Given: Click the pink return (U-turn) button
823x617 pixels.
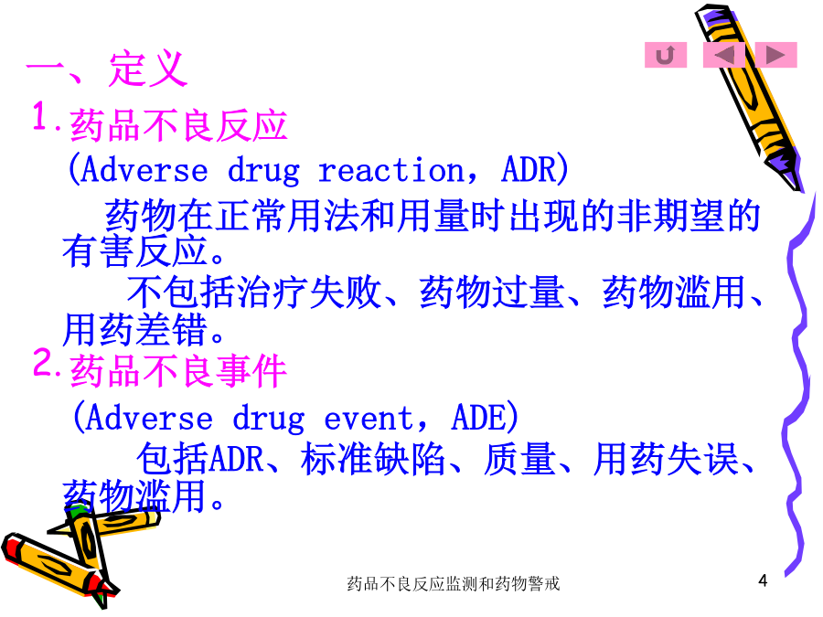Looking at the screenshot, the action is click(x=666, y=55).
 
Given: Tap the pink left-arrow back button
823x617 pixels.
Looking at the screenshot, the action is click(x=724, y=55).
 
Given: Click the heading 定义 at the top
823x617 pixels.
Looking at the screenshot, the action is click(x=148, y=69).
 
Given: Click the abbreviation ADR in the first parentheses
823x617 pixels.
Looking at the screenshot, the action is click(x=528, y=169).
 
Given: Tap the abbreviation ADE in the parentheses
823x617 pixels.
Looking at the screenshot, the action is click(x=478, y=417).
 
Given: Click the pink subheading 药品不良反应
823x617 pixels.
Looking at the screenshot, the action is click(x=178, y=126).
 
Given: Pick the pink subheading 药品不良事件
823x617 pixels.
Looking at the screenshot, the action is click(x=178, y=371).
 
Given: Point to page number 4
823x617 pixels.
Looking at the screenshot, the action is click(x=763, y=580).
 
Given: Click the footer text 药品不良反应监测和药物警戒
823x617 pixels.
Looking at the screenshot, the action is click(x=453, y=583).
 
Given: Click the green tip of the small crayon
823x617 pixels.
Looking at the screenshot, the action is click(x=77, y=510).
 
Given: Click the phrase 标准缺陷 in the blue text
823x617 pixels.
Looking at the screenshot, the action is click(x=373, y=459).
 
